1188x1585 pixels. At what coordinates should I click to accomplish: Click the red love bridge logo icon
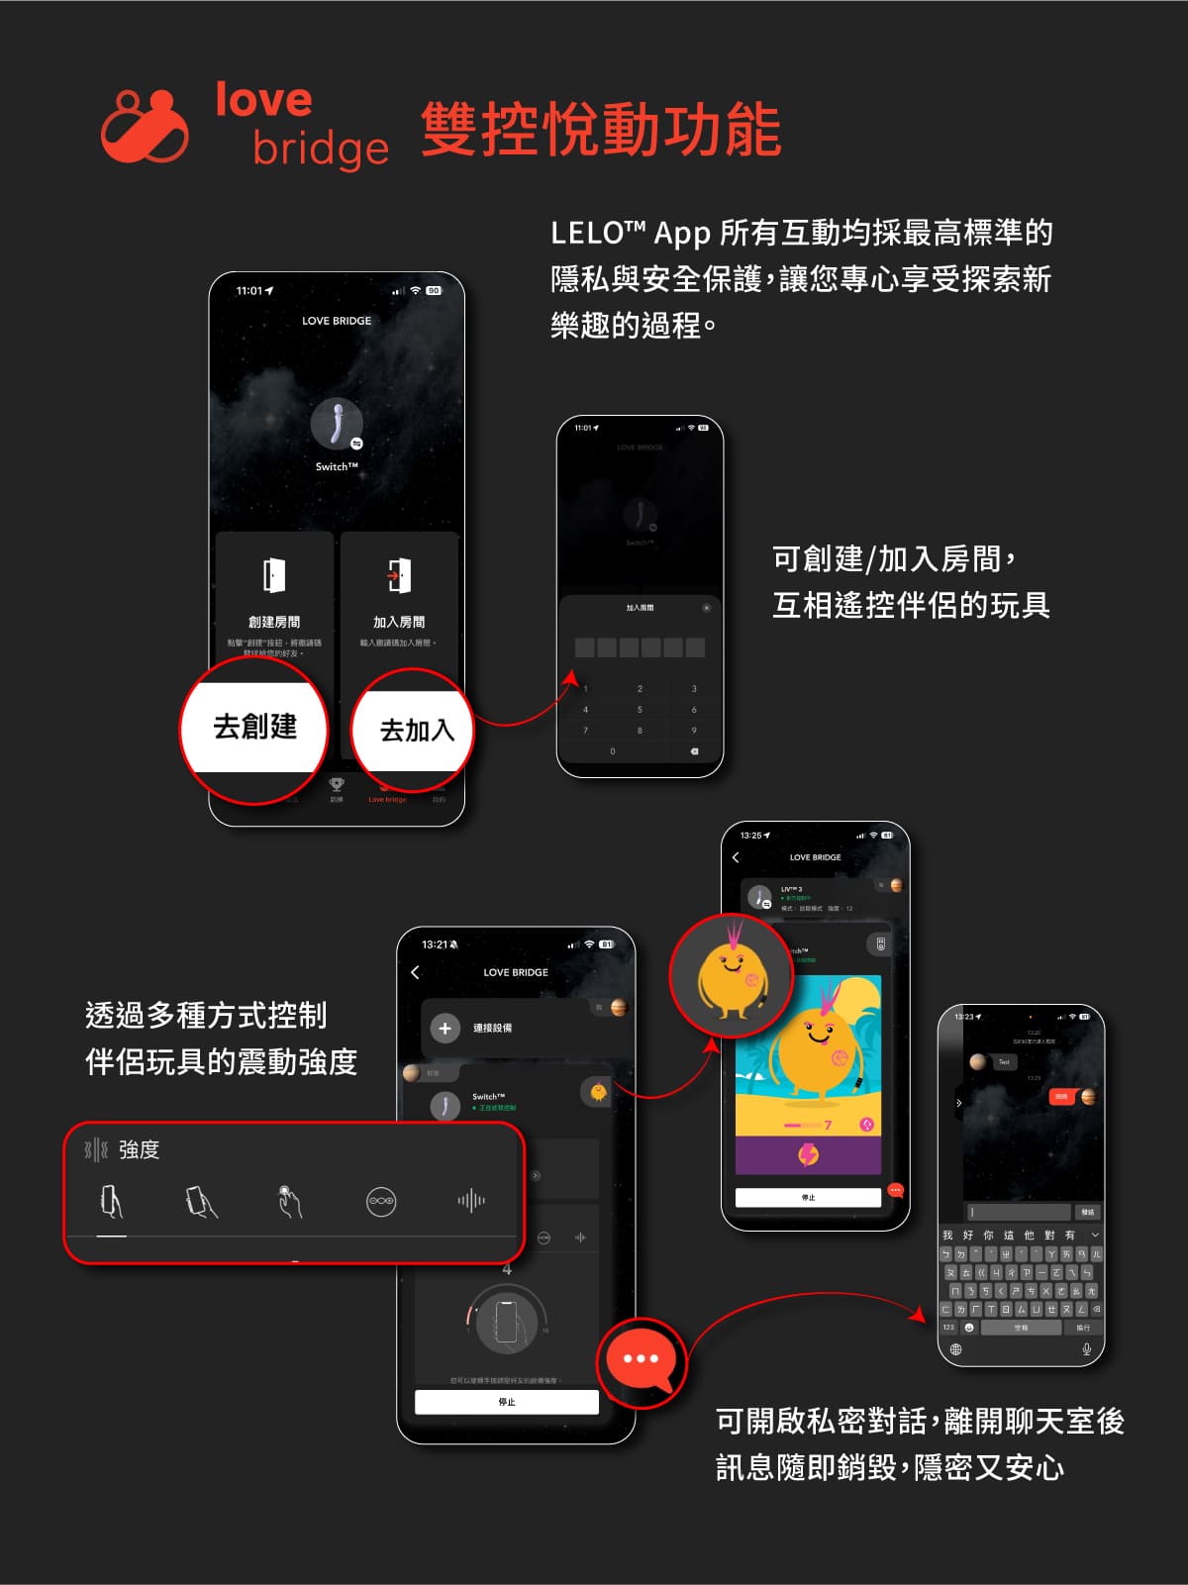click(x=145, y=126)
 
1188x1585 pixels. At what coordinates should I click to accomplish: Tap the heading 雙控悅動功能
click(x=601, y=130)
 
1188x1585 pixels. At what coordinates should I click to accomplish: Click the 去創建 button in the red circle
click(x=254, y=727)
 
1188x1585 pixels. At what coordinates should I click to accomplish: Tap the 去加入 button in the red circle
click(x=416, y=731)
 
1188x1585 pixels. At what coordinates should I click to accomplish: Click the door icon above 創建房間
click(x=274, y=575)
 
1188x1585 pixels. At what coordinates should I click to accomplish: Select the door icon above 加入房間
click(x=399, y=575)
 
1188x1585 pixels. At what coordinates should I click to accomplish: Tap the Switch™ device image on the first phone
click(x=337, y=424)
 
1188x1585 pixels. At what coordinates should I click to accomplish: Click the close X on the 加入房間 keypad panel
click(x=706, y=608)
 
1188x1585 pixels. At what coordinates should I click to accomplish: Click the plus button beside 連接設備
click(x=445, y=1029)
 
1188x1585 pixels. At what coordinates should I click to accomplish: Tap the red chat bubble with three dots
click(x=641, y=1358)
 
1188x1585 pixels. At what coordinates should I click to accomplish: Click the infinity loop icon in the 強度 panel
click(x=381, y=1201)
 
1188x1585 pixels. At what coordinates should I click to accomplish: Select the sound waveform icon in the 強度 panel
click(x=471, y=1201)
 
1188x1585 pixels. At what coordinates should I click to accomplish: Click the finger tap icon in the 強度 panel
click(x=288, y=1201)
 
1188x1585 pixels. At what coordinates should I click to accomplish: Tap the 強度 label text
click(x=139, y=1149)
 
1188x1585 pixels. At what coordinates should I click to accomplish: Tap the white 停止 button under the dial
click(x=507, y=1402)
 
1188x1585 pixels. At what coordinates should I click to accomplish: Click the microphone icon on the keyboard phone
click(x=1086, y=1349)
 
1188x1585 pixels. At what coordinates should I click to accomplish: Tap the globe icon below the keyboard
click(x=955, y=1349)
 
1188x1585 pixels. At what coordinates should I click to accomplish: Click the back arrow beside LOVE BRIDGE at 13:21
click(x=416, y=972)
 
